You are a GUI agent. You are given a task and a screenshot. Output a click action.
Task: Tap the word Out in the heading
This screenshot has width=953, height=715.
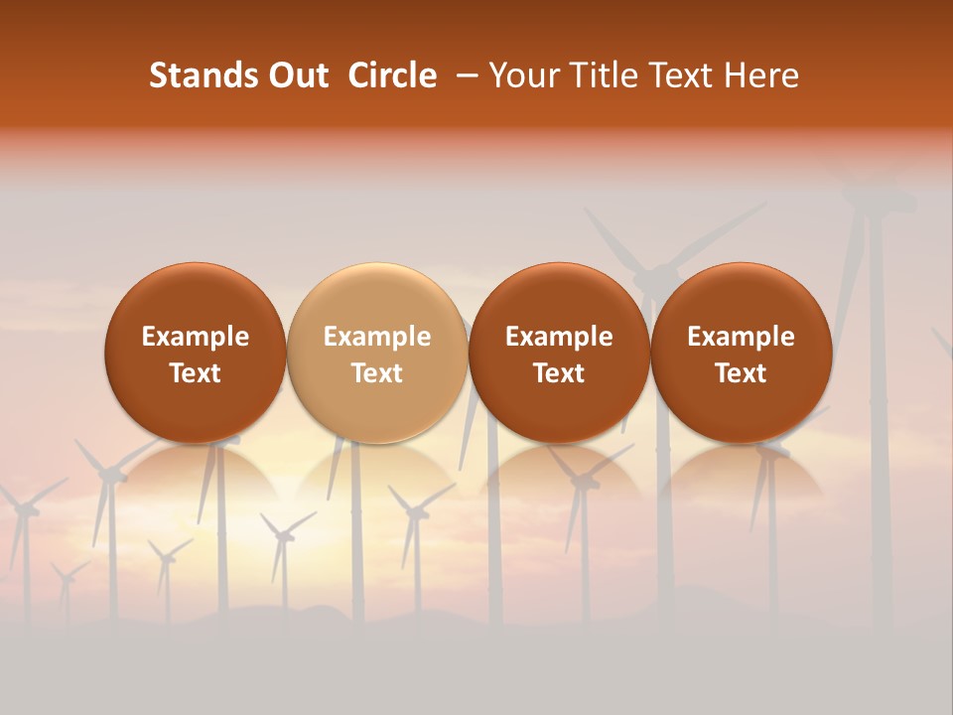(x=296, y=75)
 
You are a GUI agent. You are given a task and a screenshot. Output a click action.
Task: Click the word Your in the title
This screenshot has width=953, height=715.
(x=521, y=75)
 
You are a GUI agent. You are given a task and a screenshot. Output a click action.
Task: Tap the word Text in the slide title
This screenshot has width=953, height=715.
(x=674, y=75)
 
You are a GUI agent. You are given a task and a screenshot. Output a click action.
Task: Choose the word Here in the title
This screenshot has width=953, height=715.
(x=759, y=75)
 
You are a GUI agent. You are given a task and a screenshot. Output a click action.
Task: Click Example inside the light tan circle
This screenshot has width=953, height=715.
(x=377, y=337)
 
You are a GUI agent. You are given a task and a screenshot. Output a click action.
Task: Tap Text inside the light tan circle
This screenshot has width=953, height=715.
(x=377, y=373)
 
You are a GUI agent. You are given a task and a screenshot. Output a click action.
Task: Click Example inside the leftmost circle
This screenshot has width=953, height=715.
(x=196, y=337)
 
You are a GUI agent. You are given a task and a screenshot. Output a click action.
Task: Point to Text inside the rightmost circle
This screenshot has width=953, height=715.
(x=742, y=373)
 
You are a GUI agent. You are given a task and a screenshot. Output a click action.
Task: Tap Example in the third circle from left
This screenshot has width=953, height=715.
(x=559, y=337)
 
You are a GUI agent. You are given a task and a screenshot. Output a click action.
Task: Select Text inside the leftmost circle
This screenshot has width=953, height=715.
(x=196, y=373)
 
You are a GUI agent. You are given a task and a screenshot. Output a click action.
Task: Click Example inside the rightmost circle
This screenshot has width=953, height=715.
(x=742, y=337)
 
